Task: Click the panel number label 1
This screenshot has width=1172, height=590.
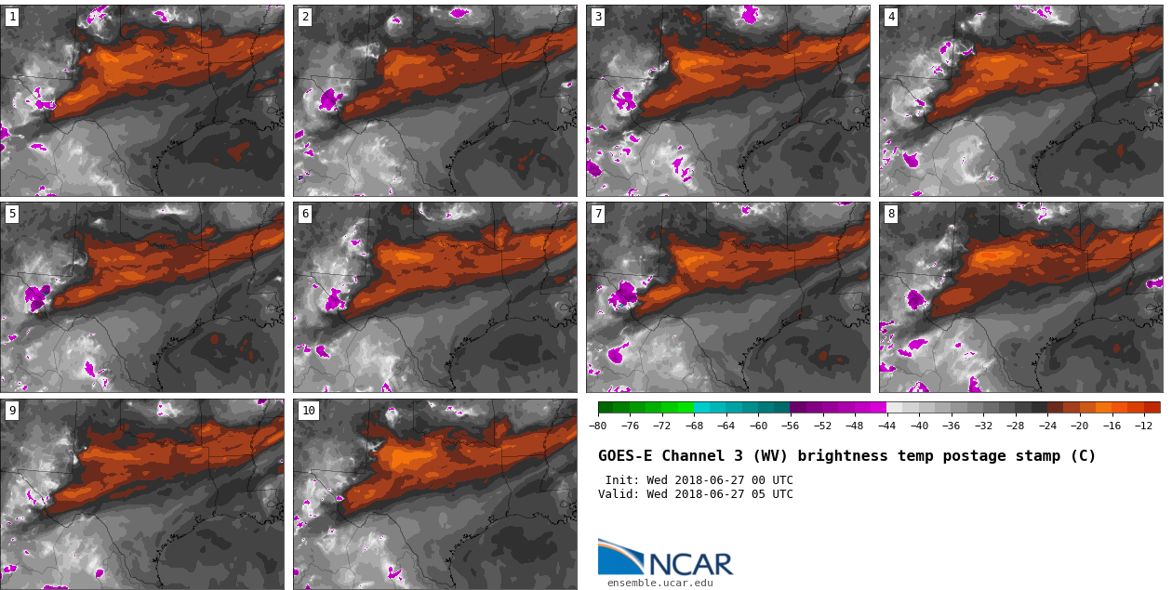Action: [12, 17]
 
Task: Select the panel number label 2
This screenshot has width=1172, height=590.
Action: [305, 17]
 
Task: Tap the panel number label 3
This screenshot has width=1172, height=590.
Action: [598, 17]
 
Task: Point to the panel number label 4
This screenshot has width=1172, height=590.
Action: [891, 17]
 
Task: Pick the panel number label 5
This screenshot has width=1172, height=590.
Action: [12, 214]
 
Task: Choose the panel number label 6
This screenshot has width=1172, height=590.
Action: [305, 214]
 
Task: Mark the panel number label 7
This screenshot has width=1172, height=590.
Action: [598, 214]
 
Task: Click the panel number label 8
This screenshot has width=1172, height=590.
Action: [891, 214]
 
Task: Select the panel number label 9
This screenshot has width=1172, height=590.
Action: [12, 411]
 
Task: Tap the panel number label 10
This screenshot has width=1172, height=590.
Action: [308, 411]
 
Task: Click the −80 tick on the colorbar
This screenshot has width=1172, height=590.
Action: [598, 426]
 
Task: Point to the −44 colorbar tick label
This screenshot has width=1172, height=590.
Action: [886, 426]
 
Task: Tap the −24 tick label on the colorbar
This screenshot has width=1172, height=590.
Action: [1047, 426]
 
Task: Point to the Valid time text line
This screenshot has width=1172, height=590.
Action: [696, 494]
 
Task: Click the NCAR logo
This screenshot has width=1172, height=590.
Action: [665, 557]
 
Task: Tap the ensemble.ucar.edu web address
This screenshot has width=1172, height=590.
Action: [659, 583]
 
